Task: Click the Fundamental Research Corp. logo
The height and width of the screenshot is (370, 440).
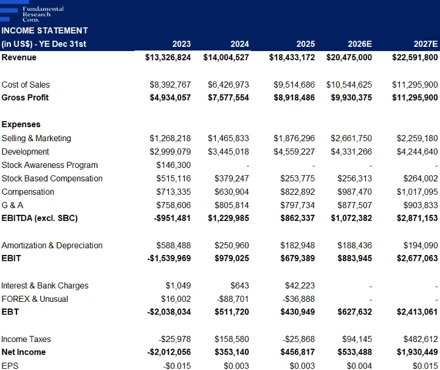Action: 32,13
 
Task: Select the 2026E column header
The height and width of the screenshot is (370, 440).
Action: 360,44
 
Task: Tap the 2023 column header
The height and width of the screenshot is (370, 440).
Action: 181,44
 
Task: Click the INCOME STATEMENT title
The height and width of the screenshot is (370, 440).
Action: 44,30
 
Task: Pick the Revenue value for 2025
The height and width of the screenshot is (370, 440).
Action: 292,57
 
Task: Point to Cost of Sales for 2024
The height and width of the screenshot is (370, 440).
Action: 228,85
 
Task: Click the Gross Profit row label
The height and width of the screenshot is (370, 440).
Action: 25,97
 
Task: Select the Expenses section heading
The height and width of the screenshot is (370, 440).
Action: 21,124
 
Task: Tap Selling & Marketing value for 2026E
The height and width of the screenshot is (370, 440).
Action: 351,138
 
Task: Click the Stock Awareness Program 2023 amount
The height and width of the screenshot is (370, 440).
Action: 173,165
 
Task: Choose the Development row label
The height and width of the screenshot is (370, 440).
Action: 26,152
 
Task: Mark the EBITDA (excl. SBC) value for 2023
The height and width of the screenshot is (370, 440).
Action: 172,218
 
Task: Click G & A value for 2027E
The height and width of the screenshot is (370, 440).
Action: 421,205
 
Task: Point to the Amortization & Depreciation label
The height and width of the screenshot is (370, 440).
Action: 52,245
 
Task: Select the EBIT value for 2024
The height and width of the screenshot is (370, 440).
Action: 232,258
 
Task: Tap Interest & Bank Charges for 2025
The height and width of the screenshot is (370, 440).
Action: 300,285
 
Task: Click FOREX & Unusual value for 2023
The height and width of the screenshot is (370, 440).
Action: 176,299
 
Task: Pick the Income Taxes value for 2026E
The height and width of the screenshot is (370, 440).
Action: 357,339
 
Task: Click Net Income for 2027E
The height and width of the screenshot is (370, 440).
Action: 417,352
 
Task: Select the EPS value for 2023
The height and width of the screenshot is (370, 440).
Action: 177,366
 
